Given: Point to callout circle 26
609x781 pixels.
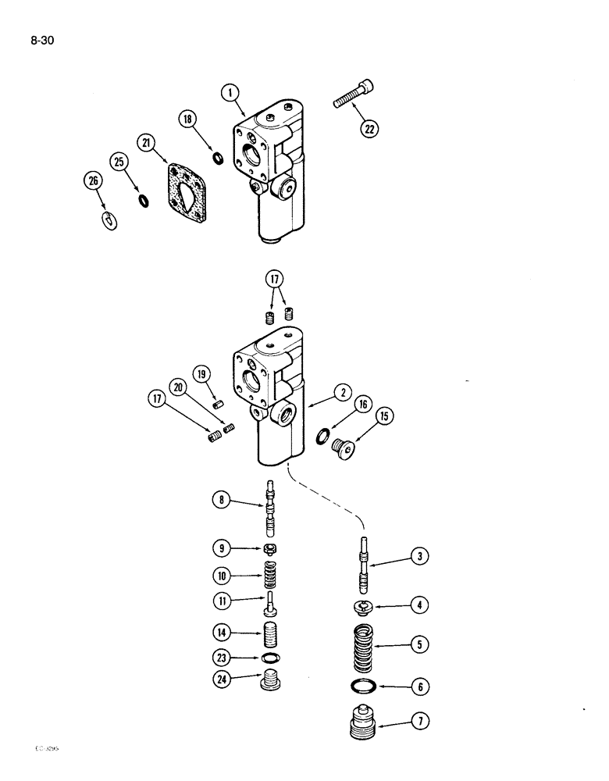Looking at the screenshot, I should [93, 183].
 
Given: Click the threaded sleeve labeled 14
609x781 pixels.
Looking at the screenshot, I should [269, 629].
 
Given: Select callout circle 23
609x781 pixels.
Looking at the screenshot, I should [223, 658].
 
